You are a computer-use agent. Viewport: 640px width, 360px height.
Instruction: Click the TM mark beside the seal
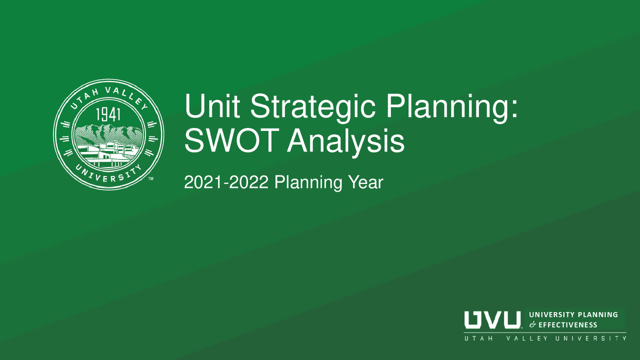click(151, 178)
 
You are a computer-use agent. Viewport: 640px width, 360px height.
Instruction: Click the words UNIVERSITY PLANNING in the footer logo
click(573, 314)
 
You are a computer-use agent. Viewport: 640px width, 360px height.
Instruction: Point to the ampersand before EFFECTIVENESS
click(532, 325)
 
